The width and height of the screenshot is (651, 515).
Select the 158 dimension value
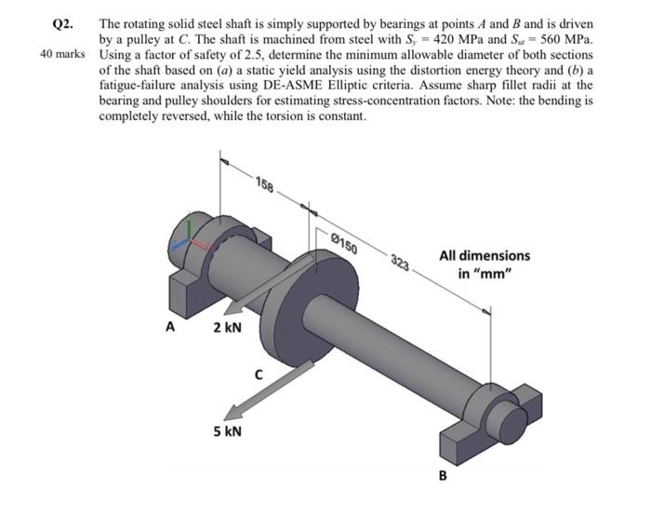coord(263,184)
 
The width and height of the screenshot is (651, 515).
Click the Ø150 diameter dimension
coord(343,244)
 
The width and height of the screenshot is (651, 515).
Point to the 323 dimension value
coord(401,264)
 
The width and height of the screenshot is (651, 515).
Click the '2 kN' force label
coord(227,328)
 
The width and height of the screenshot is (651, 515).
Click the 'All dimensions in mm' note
coord(485,264)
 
